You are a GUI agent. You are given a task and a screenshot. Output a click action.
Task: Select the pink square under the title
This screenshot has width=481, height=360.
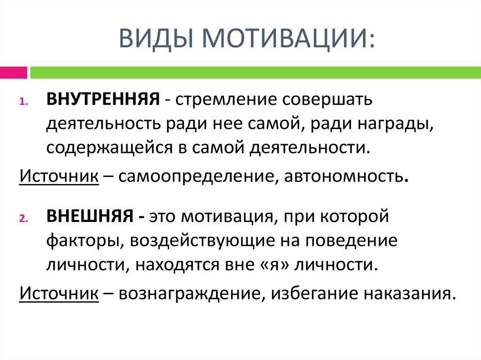13,73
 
